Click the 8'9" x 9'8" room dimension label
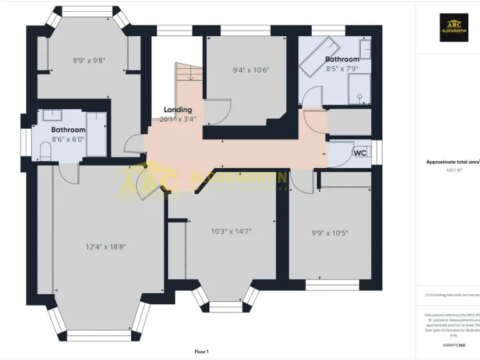point(89,61)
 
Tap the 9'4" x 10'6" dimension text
point(251,70)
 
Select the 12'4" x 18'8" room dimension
point(105,247)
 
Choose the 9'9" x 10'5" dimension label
point(329,233)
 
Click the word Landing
point(177,109)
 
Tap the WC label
point(360,152)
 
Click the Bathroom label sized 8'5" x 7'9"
point(342,59)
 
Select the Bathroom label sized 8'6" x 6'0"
point(67,130)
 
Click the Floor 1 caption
point(201,352)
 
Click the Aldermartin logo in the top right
point(453,28)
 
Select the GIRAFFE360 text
point(453,345)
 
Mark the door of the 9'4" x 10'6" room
point(216,112)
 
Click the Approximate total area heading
point(452,161)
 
